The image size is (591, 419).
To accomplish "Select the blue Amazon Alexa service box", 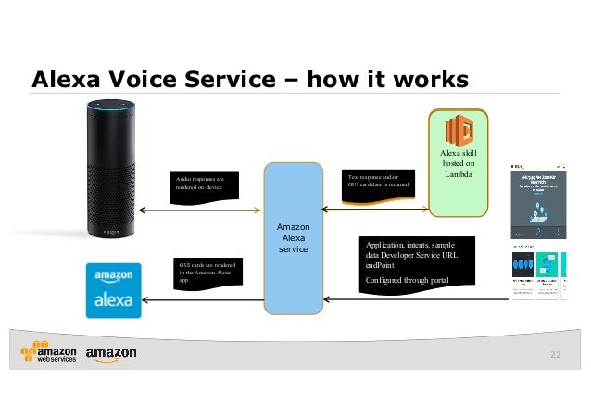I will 294,237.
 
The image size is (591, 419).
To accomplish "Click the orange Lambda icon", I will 459,130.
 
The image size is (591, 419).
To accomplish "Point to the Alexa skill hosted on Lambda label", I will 459,162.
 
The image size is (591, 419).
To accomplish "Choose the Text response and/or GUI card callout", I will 378,181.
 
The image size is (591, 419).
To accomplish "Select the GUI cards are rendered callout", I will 206,273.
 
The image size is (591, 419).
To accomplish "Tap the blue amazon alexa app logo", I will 113,290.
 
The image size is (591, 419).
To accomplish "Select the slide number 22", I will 555,355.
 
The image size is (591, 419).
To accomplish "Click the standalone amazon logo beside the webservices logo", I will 110,354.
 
